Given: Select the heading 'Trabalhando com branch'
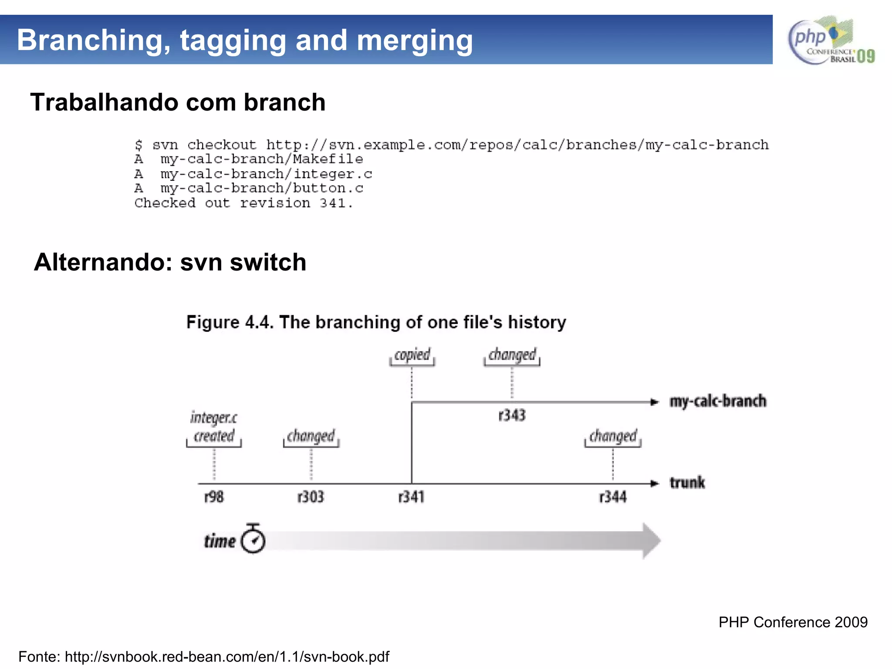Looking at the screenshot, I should [x=178, y=102].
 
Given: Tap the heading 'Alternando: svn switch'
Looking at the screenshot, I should [x=170, y=262].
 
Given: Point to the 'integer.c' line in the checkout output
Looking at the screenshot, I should [x=253, y=174].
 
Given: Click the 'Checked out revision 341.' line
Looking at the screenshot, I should [x=243, y=203].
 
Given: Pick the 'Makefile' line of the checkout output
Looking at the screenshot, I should [x=249, y=159].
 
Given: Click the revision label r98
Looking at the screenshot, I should [x=214, y=497].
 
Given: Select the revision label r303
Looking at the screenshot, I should [x=311, y=497].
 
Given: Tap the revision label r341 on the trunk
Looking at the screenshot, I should [x=411, y=497].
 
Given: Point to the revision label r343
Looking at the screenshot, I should [x=512, y=415].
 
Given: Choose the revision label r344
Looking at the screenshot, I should [x=612, y=497].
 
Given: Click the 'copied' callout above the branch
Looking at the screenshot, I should [x=412, y=355].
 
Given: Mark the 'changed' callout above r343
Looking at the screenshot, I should [x=512, y=355].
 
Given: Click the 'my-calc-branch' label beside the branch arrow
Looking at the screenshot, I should [x=718, y=401].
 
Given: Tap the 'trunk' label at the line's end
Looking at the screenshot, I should [x=687, y=483].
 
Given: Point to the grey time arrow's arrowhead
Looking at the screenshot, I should [x=651, y=541].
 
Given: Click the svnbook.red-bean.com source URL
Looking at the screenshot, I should [x=227, y=656].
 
